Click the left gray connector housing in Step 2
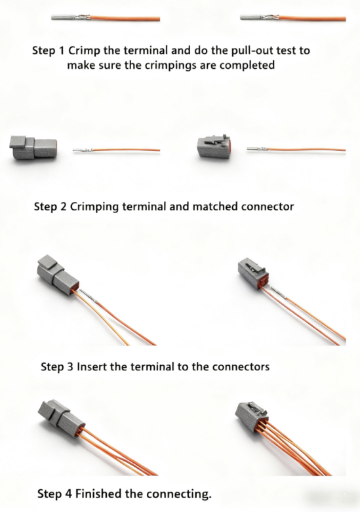pos(33,148)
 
